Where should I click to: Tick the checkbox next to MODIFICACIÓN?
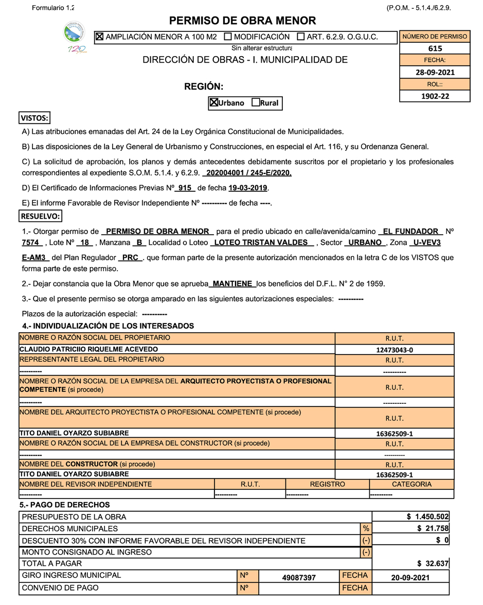(228, 37)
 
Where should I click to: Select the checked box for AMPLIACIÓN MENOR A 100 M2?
(100, 37)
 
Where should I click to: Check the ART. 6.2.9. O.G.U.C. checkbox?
(301, 37)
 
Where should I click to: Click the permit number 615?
(435, 49)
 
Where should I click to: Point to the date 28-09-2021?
(435, 73)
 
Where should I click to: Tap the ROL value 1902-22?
(435, 96)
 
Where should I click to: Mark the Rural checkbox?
(256, 102)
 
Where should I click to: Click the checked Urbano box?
(214, 102)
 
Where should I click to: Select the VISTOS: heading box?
(34, 118)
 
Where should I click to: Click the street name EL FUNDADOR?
(410, 232)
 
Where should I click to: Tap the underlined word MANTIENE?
(233, 284)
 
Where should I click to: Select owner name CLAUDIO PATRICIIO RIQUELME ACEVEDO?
(88, 349)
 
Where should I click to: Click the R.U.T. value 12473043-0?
(395, 350)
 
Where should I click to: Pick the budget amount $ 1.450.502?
(427, 517)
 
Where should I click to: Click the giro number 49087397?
(299, 578)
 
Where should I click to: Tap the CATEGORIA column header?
(412, 484)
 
